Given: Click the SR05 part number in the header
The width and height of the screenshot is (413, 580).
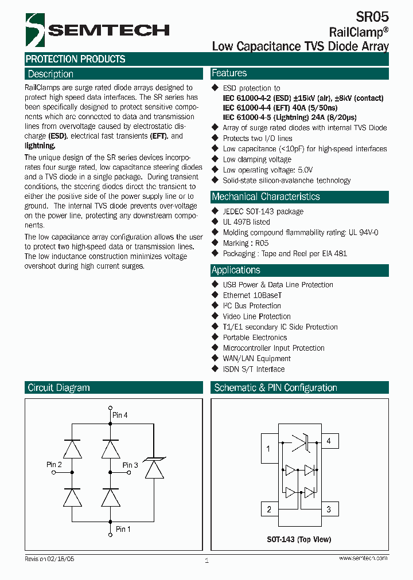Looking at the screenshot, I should [375, 17].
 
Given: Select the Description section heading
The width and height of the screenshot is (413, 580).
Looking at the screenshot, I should [50, 74].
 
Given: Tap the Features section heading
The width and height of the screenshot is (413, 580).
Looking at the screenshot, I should [229, 73].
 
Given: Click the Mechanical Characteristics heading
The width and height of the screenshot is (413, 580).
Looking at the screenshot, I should [266, 197].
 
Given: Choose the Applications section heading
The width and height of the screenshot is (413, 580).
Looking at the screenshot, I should [236, 270].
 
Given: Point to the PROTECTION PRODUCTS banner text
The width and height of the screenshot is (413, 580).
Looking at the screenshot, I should [75, 59].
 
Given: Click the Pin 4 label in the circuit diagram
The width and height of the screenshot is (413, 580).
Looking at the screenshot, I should [120, 414].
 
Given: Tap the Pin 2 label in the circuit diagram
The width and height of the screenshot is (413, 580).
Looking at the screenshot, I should [54, 464].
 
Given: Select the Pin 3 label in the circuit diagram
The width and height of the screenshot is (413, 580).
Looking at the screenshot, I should [130, 465].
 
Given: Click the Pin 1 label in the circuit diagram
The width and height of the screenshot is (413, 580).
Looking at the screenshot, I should [123, 529].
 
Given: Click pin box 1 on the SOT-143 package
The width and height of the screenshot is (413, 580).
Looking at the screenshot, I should [269, 448].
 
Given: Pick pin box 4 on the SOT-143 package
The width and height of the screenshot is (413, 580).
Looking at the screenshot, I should [329, 441].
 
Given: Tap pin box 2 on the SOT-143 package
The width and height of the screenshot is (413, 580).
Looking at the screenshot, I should [269, 509].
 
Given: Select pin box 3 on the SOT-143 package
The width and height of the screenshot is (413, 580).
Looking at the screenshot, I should [329, 509].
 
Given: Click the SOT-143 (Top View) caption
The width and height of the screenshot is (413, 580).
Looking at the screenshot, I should [299, 540].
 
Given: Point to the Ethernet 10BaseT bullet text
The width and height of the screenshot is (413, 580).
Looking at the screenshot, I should [252, 295].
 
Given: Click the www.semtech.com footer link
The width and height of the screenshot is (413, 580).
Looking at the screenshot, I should [363, 558].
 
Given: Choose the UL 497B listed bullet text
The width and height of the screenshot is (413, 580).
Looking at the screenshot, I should [246, 222].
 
